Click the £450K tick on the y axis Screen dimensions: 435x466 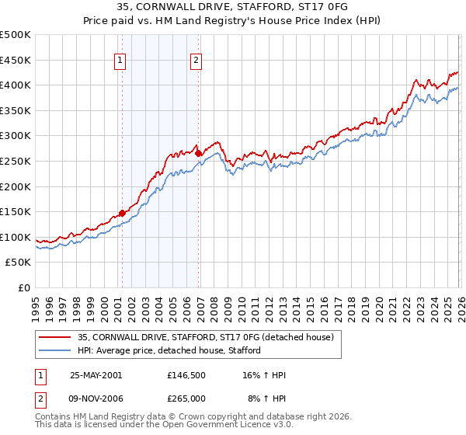(16, 60)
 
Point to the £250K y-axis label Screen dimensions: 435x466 (16, 161)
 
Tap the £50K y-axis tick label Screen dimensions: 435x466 (18, 263)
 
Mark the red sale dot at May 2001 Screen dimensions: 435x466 (123, 214)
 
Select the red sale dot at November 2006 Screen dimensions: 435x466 (198, 154)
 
